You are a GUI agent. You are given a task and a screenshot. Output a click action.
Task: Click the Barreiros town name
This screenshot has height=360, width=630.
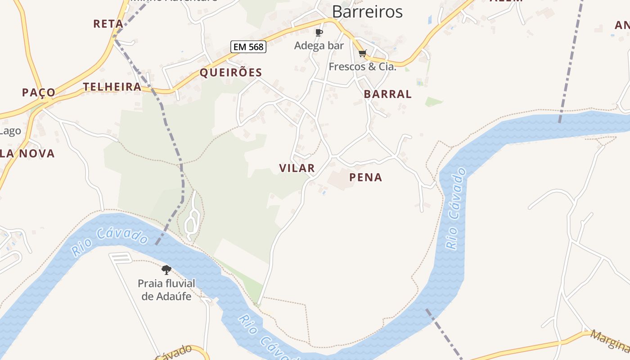coord(367,12)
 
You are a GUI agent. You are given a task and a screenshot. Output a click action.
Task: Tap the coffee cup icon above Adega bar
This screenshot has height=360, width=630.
coord(319,32)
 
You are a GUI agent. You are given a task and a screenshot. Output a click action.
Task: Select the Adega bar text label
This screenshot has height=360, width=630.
coord(319,45)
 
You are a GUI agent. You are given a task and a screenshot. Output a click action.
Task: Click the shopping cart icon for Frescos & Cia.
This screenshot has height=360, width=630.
coord(363,54)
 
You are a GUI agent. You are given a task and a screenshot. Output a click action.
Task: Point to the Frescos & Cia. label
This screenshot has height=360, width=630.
coord(362,67)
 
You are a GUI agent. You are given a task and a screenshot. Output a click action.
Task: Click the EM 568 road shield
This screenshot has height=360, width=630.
coord(248,46)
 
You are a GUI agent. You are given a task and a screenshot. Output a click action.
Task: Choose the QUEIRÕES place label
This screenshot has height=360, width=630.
coord(230,72)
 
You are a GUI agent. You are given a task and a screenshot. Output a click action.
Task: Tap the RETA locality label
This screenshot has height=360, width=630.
coord(108,24)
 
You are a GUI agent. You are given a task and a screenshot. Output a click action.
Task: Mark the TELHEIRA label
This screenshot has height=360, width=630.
coord(112,87)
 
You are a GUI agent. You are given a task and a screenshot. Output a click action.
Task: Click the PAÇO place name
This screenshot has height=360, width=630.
coord(39,92)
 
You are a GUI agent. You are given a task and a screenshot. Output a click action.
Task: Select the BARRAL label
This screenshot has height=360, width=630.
coord(387,94)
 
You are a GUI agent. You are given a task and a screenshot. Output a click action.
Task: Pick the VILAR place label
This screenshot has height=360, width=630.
coord(297,168)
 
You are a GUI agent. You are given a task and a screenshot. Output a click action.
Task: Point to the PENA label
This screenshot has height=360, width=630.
coord(365,177)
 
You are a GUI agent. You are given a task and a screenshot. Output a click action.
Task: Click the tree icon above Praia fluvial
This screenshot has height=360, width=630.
coord(166,270)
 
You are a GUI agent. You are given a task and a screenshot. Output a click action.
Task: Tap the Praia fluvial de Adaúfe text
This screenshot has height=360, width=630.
coord(166,290)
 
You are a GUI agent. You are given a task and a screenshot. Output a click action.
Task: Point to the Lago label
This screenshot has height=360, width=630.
coord(10,131)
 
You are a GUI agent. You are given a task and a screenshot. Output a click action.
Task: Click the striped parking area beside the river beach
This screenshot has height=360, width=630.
coord(121,258)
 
